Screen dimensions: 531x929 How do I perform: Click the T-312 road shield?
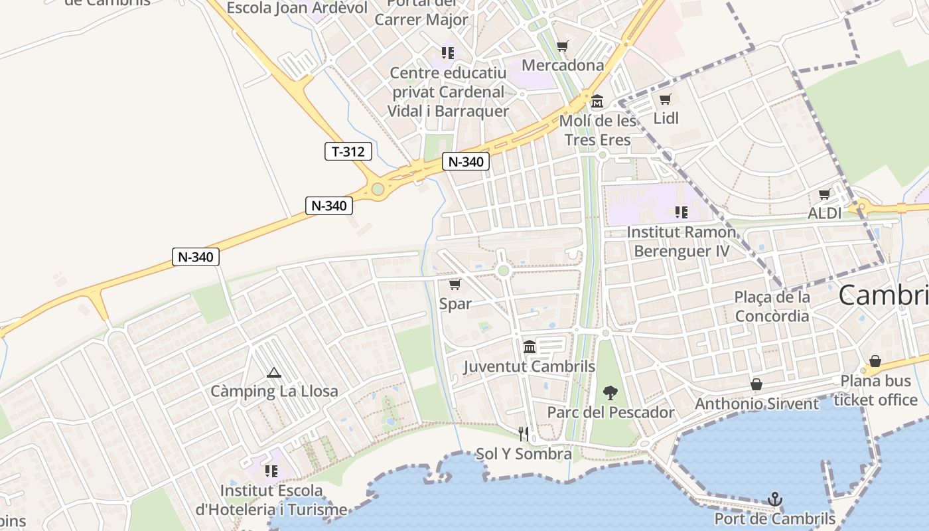(x=348, y=151)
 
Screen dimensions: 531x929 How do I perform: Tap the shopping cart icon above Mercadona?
(x=563, y=46)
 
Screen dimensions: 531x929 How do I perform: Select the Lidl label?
(x=666, y=118)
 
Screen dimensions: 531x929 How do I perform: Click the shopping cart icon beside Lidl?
(x=666, y=100)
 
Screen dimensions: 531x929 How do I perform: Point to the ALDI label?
(x=824, y=213)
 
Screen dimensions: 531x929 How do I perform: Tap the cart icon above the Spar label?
(x=455, y=285)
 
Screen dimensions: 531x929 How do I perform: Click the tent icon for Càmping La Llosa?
(x=273, y=372)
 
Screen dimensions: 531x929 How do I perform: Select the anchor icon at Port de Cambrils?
(x=774, y=498)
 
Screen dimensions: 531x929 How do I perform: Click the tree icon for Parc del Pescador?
(x=610, y=393)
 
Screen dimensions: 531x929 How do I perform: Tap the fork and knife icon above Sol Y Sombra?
(x=524, y=434)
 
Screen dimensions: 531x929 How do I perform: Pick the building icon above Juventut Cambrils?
(x=530, y=346)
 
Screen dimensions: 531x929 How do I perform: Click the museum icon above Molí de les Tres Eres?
(x=597, y=102)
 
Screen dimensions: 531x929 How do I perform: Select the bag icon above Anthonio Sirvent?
(x=756, y=384)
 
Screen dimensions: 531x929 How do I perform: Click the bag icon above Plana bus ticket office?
(x=875, y=361)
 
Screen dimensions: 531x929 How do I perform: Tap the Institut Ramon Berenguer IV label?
(x=681, y=242)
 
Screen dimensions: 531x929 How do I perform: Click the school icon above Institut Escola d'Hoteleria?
(x=271, y=471)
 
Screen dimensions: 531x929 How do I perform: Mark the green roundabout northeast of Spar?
(x=504, y=270)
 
